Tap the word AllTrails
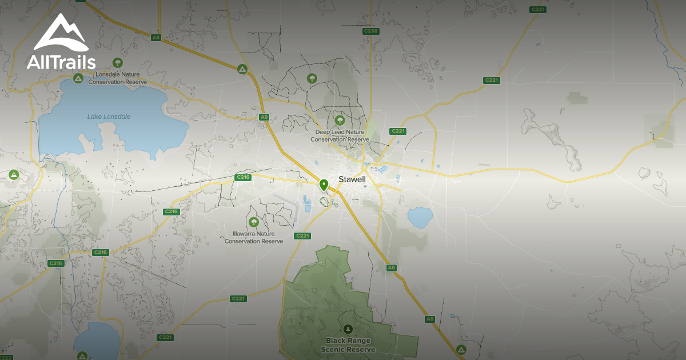pos(61,62)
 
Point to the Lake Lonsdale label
pos(109,117)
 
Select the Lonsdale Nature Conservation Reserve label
pos(118,78)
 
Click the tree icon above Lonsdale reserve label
pos(118,62)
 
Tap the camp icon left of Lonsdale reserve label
pos(78,78)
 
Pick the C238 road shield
pos(371,31)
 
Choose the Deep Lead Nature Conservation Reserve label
pos(340,135)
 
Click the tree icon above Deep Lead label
pos(340,120)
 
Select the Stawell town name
pos(352,179)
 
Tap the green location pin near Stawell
pos(324,185)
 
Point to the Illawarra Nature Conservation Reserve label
pos(254,237)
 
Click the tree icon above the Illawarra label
pos(254,222)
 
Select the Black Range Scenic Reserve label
pos(348,345)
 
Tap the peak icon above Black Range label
pos(348,329)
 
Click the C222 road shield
pos(6,357)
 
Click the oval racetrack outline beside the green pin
pos(326,201)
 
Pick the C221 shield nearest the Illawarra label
pos(302,236)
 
